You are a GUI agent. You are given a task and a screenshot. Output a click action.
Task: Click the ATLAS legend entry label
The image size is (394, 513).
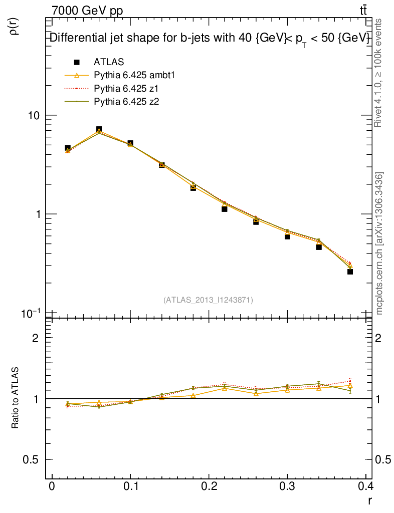tap(109, 62)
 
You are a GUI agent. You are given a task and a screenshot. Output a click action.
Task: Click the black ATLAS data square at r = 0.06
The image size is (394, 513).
tap(99, 130)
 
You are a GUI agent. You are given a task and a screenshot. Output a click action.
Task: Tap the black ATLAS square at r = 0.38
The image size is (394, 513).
tap(350, 272)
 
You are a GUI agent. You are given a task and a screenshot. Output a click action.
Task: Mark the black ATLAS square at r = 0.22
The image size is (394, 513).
tap(225, 209)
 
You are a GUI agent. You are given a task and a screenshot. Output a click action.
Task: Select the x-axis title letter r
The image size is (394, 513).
tap(369, 500)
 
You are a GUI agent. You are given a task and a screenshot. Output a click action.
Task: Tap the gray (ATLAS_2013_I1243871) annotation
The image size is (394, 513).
tap(208, 300)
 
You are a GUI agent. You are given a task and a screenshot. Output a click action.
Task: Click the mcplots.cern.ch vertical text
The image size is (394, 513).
tap(380, 243)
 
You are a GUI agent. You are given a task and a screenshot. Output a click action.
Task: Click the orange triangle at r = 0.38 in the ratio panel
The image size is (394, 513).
tap(350, 386)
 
